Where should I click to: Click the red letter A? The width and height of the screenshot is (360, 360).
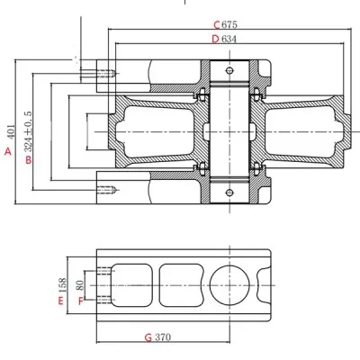pyautogui.click(x=8, y=153)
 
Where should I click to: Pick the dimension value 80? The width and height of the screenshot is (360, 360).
pyautogui.click(x=80, y=286)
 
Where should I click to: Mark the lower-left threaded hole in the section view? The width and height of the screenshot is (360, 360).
pyautogui.click(x=106, y=190)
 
